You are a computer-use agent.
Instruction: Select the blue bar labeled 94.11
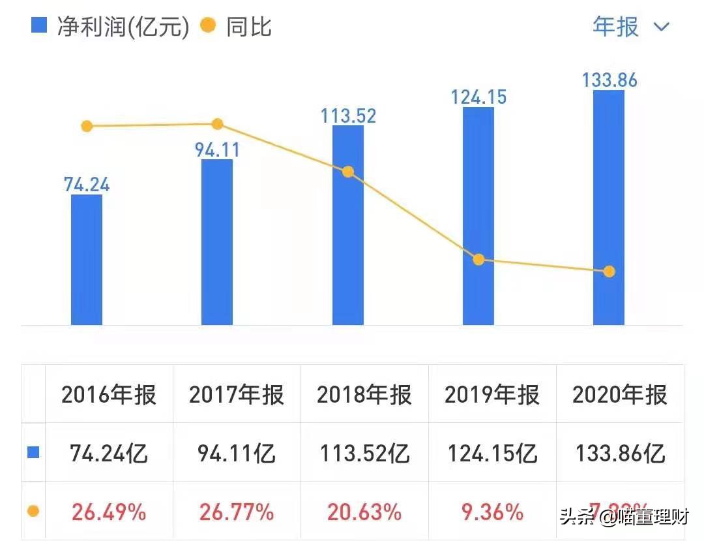coord(217,242)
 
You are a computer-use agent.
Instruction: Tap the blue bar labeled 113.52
coord(348,225)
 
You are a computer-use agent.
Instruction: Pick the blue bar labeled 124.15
coord(478,216)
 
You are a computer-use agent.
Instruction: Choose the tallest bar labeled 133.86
coord(609,208)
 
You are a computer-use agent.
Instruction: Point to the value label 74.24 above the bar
coord(87,184)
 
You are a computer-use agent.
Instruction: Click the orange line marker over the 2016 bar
coord(87,126)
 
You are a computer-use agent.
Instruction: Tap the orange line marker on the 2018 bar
coord(348,172)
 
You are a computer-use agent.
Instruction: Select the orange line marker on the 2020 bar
coord(609,271)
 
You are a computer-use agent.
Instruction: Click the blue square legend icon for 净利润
coord(40,26)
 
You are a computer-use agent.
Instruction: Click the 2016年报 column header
coord(109,395)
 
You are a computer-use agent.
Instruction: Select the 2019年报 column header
coord(492,395)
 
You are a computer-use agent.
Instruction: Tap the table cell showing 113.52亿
coord(365,453)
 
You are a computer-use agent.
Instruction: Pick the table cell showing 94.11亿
coord(237,453)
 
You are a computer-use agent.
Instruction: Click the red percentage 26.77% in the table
coord(236,512)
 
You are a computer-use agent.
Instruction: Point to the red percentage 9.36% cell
coord(492,512)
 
